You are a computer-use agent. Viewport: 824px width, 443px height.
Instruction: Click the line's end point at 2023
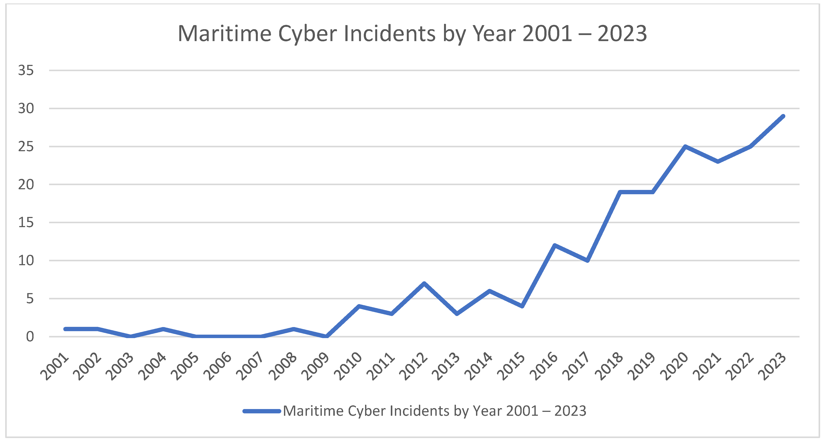click(x=783, y=116)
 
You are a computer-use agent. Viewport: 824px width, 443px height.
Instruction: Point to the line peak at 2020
click(x=685, y=146)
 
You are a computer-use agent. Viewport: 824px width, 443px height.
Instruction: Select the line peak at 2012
click(x=424, y=283)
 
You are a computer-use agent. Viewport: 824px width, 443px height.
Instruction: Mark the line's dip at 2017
click(x=587, y=260)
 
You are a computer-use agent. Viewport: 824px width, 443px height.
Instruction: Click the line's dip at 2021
click(x=718, y=162)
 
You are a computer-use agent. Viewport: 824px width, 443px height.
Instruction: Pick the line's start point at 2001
click(x=66, y=329)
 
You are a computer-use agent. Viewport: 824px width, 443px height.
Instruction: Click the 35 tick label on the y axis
click(x=26, y=70)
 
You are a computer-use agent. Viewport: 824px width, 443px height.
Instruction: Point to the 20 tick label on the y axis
click(x=26, y=185)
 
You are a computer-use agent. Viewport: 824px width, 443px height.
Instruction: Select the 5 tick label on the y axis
click(x=30, y=299)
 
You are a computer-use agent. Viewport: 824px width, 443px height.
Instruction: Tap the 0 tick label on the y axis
click(x=30, y=337)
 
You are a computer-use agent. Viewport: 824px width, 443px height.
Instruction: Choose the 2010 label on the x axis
click(x=348, y=367)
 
